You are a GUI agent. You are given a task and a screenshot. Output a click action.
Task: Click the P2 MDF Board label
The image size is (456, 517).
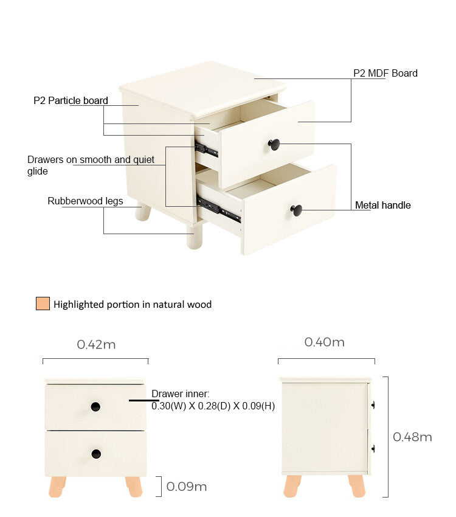pos(385,73)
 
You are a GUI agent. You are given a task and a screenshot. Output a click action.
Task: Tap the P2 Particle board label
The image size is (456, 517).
pos(71,100)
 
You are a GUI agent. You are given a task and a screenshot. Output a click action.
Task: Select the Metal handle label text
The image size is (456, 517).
pos(382,205)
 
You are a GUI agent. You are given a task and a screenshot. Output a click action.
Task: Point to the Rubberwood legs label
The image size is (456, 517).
pos(85,201)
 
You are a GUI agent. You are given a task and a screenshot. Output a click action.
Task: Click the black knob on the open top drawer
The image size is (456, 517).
pos(274,144)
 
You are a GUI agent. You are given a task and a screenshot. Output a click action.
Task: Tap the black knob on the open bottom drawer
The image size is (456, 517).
pos(296,210)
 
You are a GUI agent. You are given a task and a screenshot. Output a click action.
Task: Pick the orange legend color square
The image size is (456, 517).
pos(42,304)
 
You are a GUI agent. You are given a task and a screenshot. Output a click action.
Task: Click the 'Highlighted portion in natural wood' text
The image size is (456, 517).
pos(133,304)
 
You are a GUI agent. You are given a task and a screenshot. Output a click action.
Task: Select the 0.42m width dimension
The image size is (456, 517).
pos(96,344)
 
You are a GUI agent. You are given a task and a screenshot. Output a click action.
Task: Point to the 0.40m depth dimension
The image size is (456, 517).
pos(324,342)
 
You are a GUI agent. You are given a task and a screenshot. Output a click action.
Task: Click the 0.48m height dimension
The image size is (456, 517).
pos(412,437)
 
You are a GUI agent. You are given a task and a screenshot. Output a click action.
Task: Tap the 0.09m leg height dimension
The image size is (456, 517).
pos(186,487)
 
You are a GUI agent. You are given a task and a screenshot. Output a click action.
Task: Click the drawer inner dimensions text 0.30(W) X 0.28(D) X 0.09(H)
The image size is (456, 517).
pos(213,406)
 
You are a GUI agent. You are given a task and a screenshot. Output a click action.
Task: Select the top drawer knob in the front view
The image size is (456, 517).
pos(95,406)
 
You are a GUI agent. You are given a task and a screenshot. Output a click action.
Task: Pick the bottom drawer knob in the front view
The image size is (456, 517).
pos(96,454)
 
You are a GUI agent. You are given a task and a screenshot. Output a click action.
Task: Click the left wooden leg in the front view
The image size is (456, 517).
pos(58,487)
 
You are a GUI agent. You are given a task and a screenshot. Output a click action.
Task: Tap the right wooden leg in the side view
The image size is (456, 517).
pos(357,486)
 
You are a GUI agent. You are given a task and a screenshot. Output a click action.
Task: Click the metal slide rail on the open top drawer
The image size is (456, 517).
pos(207,149)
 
